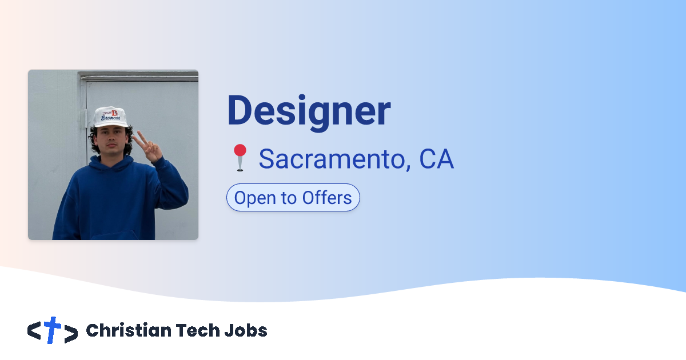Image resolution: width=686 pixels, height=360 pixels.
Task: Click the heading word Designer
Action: click(309, 111)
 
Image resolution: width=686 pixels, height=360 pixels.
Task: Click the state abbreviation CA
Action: click(436, 159)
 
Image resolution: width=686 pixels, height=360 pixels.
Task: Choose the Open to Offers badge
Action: click(293, 198)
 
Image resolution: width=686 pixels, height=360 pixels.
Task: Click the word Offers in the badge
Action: click(327, 198)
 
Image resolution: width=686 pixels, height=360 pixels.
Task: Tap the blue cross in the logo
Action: click(53, 330)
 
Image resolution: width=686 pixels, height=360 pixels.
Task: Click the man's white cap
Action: click(110, 117)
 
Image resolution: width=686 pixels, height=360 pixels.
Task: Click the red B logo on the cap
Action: click(114, 113)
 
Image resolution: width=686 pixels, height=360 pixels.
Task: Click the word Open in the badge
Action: click(252, 198)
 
